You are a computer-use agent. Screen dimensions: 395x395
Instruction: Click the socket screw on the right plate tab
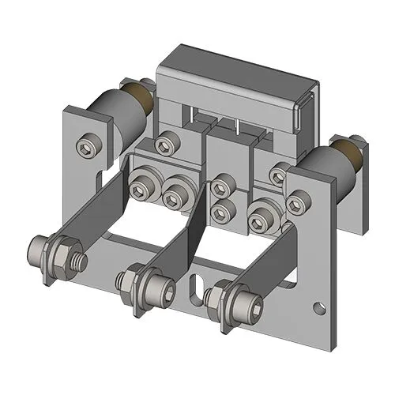click(x=295, y=206)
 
